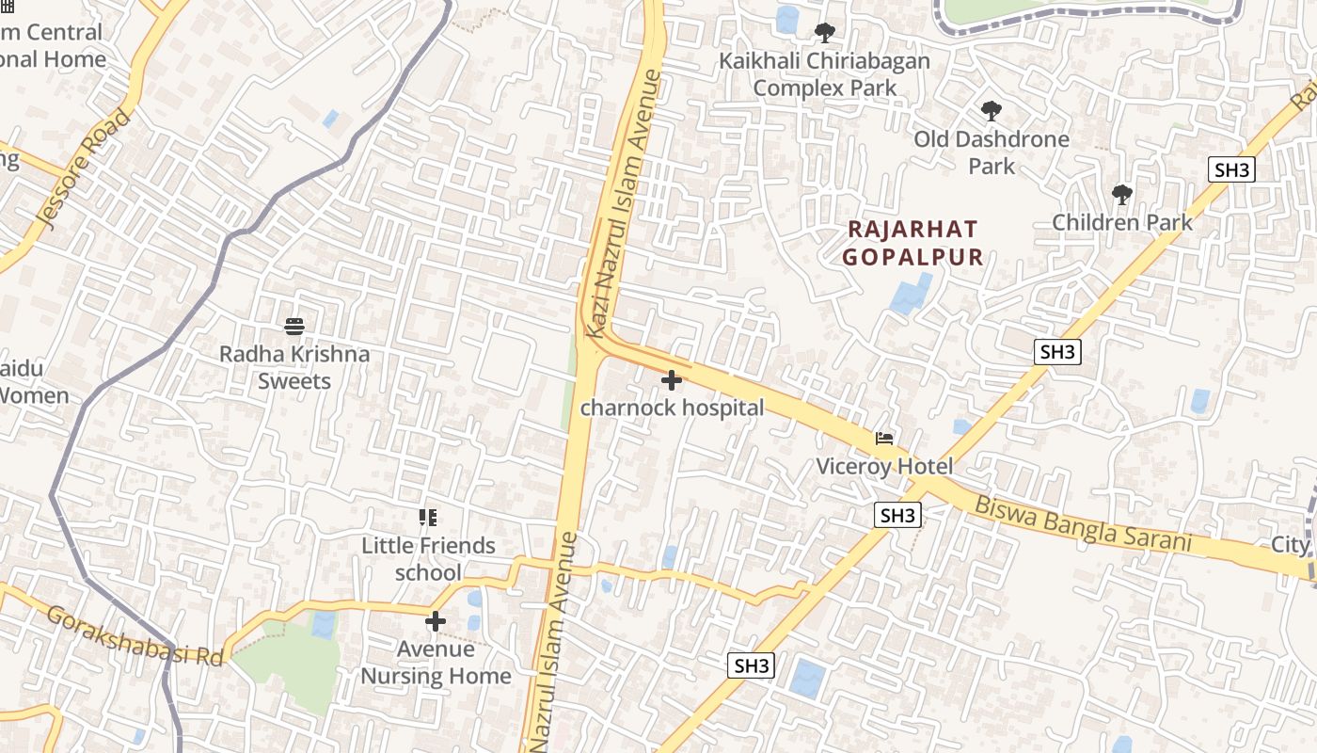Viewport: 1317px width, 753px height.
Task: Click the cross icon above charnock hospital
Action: point(671,380)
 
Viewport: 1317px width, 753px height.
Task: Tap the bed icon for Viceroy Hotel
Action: point(883,439)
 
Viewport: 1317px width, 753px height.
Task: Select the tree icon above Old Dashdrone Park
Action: point(991,111)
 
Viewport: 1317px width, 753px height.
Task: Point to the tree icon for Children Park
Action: point(1121,195)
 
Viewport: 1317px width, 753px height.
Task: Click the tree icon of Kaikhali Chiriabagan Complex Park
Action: point(824,33)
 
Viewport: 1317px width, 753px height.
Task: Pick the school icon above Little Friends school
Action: point(428,517)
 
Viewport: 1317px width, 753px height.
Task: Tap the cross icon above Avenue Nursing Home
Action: point(436,620)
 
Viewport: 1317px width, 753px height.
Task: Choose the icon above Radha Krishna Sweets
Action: point(294,326)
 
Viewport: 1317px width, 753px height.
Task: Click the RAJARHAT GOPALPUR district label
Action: point(912,243)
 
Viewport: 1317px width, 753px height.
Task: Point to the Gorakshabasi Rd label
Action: point(135,635)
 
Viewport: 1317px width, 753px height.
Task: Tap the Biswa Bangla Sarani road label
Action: point(1082,523)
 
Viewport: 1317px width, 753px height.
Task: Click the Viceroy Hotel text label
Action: point(884,466)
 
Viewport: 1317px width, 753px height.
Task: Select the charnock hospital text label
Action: point(672,408)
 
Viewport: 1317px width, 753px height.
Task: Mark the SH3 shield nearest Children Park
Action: point(1231,169)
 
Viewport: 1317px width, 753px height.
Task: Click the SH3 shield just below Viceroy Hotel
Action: point(897,515)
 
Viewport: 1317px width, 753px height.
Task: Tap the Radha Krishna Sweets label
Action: point(294,367)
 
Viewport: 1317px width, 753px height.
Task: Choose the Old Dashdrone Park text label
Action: point(992,152)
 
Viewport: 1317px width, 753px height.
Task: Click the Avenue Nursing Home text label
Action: point(436,663)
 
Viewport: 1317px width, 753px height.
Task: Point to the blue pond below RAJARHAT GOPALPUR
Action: point(910,294)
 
